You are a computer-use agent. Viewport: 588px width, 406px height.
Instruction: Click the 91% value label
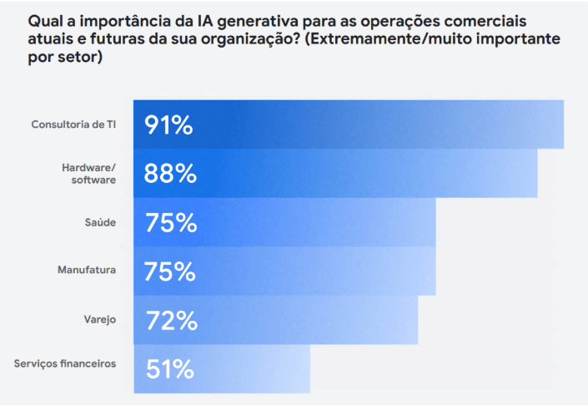point(169,125)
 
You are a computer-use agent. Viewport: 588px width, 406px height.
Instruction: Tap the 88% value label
point(170,174)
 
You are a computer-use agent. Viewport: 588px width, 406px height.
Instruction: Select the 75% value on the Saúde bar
point(170,223)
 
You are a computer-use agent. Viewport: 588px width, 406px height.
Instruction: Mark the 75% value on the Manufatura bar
point(170,272)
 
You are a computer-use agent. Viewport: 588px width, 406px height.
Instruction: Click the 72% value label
point(170,320)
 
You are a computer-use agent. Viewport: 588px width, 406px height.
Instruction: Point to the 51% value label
point(169,368)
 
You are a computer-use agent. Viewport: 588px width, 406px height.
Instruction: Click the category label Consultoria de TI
point(73,125)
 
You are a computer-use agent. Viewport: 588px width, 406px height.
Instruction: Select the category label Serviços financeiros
point(65,363)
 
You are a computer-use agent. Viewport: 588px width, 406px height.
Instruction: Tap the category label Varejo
point(99,319)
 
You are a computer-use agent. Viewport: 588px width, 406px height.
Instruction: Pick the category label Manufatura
point(86,271)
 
